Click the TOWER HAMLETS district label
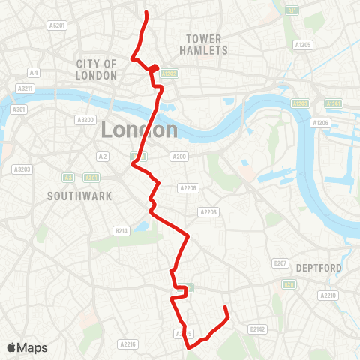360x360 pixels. (x=203, y=44)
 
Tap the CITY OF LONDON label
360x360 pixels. (x=97, y=70)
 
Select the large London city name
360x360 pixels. (x=139, y=130)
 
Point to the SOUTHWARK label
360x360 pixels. (x=79, y=196)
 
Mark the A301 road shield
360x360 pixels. (x=19, y=109)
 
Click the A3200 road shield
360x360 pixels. (x=85, y=120)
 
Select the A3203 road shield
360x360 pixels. (x=21, y=169)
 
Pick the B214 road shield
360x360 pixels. (x=121, y=230)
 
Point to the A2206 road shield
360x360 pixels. (x=187, y=188)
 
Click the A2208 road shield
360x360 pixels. (x=208, y=212)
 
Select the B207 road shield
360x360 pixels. (x=280, y=263)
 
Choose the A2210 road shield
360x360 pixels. (x=328, y=296)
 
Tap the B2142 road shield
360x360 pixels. (x=257, y=328)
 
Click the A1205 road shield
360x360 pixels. (x=303, y=45)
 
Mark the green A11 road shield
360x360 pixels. (x=292, y=10)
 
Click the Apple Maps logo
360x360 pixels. (x=28, y=347)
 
